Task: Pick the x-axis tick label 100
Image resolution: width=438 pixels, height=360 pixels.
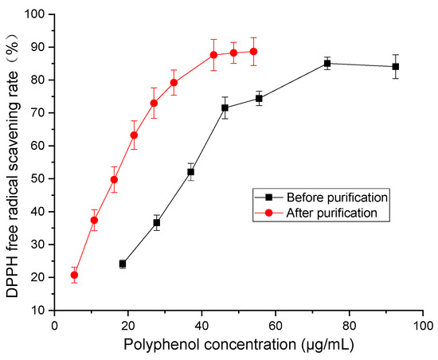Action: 422,325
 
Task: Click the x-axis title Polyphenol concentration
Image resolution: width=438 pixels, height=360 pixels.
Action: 239,345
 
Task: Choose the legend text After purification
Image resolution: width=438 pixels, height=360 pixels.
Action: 330,213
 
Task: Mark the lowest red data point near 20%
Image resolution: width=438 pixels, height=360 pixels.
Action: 74,276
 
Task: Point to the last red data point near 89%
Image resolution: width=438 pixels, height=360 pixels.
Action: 253,51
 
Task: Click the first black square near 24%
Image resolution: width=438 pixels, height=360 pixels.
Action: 123,264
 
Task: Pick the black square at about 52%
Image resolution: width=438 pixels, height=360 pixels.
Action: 190,172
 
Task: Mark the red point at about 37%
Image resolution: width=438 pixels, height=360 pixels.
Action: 94,220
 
